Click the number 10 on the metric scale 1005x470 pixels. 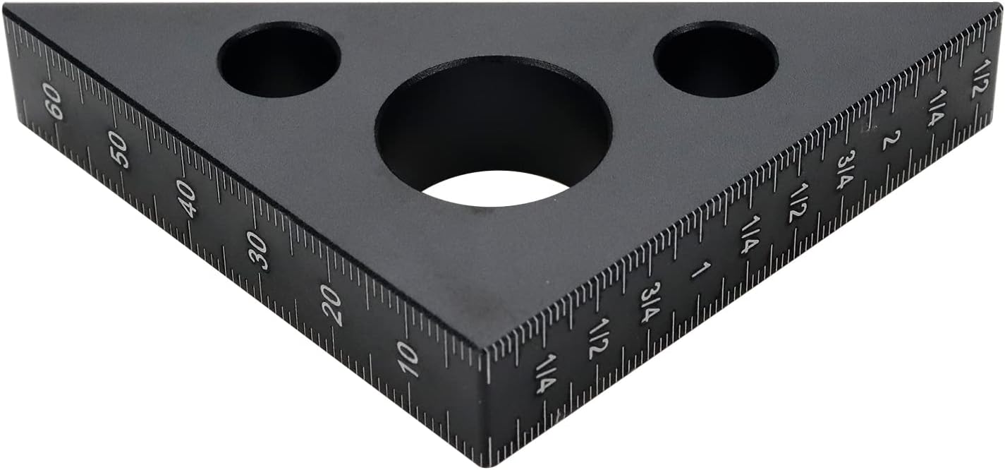[408, 358]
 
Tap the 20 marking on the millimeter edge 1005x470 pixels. [331, 306]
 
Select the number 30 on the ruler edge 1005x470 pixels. [258, 251]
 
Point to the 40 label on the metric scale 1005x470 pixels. [187, 198]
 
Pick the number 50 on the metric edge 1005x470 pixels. [118, 150]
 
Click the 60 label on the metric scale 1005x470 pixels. [53, 102]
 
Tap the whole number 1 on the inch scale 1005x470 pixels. [700, 270]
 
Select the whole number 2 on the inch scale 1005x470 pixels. [890, 140]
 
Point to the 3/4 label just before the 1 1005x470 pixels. [650, 303]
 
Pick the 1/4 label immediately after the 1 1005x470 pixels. [748, 236]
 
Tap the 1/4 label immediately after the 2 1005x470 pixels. [936, 108]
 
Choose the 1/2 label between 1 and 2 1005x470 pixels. [798, 203]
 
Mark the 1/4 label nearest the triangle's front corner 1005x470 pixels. [545, 374]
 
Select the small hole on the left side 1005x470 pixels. [279, 59]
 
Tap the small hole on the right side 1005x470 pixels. [716, 59]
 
